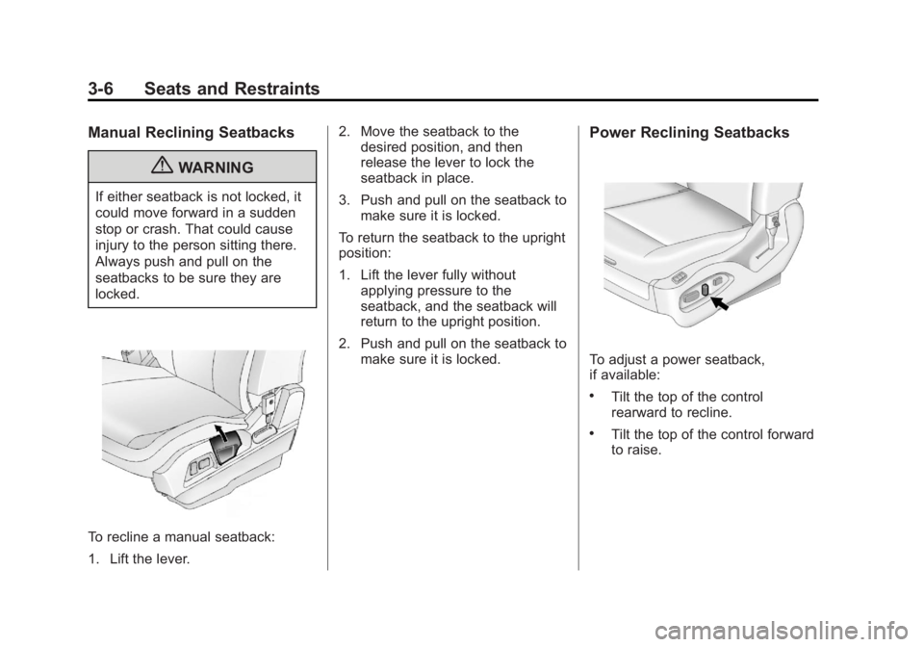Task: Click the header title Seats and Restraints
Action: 232,89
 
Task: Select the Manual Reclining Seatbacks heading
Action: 191,133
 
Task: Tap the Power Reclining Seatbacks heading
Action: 689,133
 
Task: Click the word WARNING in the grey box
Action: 216,168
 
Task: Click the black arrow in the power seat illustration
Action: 719,303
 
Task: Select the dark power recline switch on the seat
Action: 705,289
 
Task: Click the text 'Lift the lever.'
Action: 150,558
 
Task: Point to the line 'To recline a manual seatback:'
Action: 182,537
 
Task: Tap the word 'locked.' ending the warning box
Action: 117,294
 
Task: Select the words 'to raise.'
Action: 636,451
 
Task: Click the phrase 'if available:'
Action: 625,375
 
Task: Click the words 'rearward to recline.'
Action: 671,412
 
